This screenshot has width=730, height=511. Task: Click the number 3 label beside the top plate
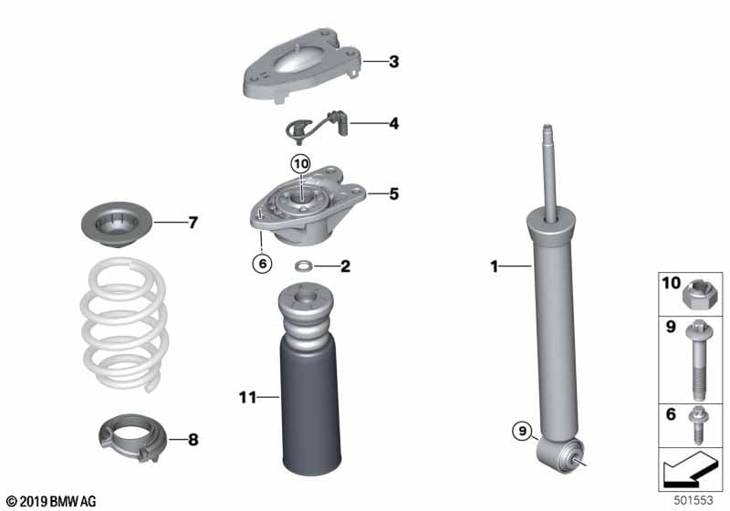click(x=394, y=61)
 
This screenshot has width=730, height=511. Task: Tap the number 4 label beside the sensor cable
click(x=394, y=123)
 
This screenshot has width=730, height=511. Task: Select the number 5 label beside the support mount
click(x=394, y=193)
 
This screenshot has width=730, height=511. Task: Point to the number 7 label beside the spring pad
click(x=193, y=223)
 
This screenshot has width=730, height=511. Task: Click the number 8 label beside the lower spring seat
click(x=193, y=439)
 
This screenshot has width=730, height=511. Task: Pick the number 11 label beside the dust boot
click(x=247, y=398)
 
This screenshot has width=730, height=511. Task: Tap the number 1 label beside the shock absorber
click(x=495, y=266)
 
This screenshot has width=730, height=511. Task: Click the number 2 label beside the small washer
click(x=345, y=266)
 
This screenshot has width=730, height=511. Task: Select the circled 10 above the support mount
click(x=301, y=164)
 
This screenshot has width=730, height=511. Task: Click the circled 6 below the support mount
click(x=262, y=264)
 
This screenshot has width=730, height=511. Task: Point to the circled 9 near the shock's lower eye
click(x=522, y=431)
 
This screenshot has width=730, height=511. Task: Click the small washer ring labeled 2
click(x=304, y=266)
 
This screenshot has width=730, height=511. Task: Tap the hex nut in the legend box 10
click(x=696, y=296)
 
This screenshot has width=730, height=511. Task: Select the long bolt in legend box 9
click(x=697, y=360)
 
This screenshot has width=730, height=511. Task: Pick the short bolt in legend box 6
click(x=697, y=425)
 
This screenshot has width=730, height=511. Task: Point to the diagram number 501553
click(x=693, y=500)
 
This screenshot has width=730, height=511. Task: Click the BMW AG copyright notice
click(x=51, y=501)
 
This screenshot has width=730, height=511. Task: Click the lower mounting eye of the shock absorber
click(x=561, y=454)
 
